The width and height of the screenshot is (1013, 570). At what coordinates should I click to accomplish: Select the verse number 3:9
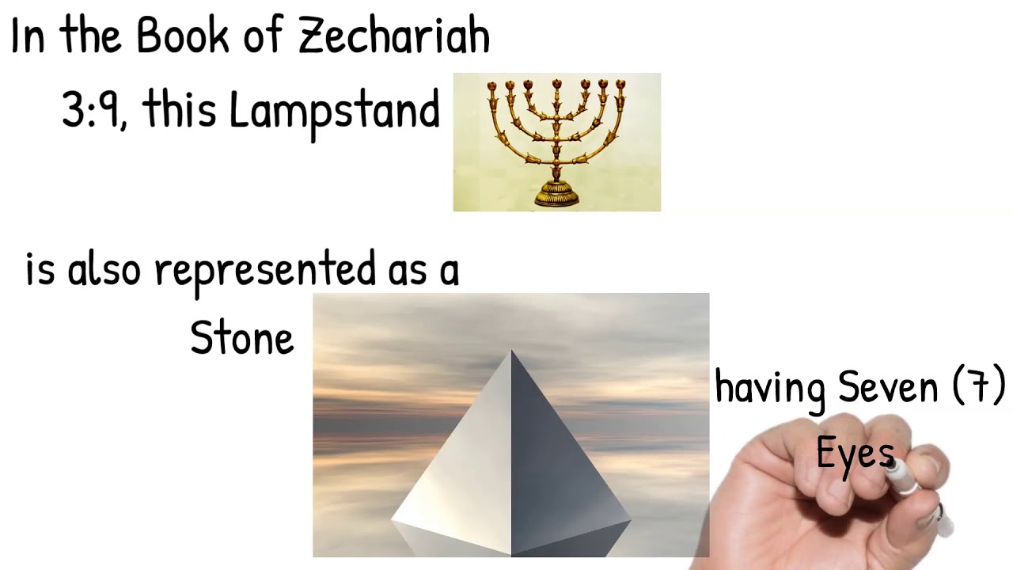pos(92,109)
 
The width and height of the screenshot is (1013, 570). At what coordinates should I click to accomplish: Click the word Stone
pos(242,339)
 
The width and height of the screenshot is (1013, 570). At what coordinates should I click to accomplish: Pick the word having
pos(770,388)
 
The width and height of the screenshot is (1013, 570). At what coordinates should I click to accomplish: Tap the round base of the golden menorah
pos(556,194)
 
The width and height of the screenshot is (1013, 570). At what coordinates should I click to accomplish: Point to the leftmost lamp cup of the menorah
pos(492,85)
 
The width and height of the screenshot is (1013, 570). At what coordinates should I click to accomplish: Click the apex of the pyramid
pos(511,352)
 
